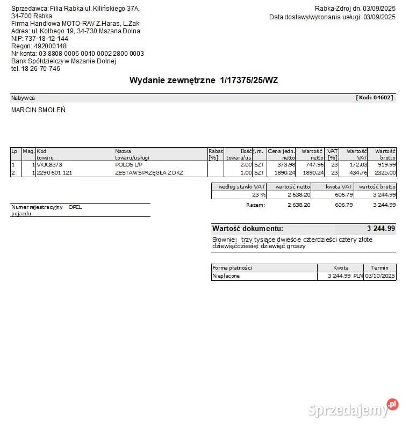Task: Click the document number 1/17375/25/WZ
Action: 249,81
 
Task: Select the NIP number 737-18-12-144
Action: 47,39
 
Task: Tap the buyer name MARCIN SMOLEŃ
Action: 38,110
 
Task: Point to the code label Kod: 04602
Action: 375,98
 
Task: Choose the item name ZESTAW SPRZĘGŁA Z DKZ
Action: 149,173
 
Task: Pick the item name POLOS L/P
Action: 128,165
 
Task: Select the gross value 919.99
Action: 386,165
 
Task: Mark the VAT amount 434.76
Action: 357,173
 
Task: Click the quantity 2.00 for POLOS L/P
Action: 246,165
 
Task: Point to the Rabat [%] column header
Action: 216,155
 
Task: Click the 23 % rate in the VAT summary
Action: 259,195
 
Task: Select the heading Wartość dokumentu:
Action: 248,229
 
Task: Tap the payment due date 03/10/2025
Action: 380,276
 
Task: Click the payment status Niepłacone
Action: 226,276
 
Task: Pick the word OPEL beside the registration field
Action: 75,207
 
